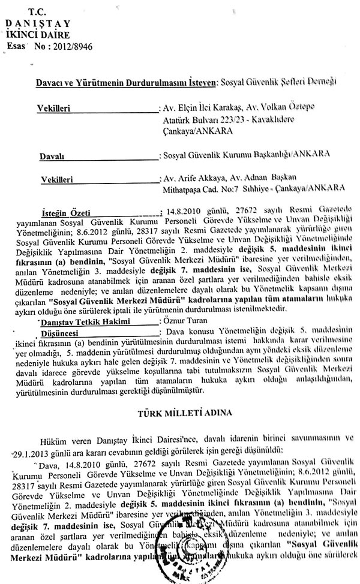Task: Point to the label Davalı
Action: tap(53, 156)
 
